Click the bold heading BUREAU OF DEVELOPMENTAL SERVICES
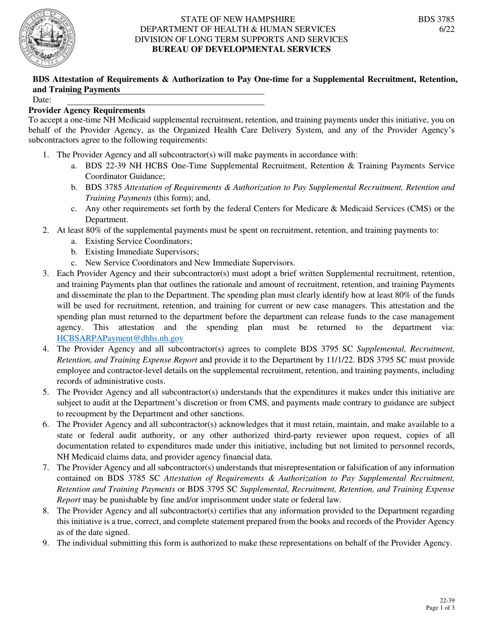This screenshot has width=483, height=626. [x=242, y=49]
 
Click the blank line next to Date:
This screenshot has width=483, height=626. [x=165, y=100]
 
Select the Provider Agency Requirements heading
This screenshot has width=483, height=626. [x=86, y=110]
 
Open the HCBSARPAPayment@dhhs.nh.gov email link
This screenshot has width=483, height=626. [x=120, y=338]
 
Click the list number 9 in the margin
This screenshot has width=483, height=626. [x=45, y=543]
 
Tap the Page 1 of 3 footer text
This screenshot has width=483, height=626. [x=440, y=608]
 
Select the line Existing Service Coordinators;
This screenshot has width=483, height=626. [x=139, y=241]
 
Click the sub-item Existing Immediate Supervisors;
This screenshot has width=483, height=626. [x=142, y=252]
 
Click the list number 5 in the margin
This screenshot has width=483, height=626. [x=45, y=392]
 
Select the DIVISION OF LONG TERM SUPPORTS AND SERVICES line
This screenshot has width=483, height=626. [x=241, y=39]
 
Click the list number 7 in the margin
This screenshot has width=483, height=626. [x=45, y=467]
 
